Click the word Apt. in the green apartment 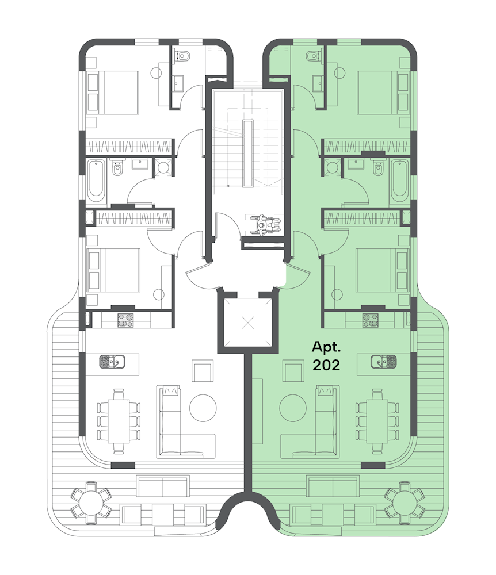(x=326, y=347)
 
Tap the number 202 (x=326, y=365)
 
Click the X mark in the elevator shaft (x=249, y=323)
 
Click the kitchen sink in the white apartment (x=112, y=362)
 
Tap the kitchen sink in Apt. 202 (x=383, y=362)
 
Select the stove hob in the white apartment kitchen (x=125, y=320)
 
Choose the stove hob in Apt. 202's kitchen (x=371, y=320)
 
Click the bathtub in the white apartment (x=96, y=181)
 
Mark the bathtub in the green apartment (x=399, y=181)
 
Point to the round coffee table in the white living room (x=203, y=408)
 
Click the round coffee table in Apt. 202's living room (x=293, y=408)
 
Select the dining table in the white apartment (x=119, y=421)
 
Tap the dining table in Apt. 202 (x=377, y=421)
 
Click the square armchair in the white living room (x=203, y=371)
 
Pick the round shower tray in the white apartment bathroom (x=163, y=167)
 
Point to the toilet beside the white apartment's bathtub (x=117, y=168)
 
